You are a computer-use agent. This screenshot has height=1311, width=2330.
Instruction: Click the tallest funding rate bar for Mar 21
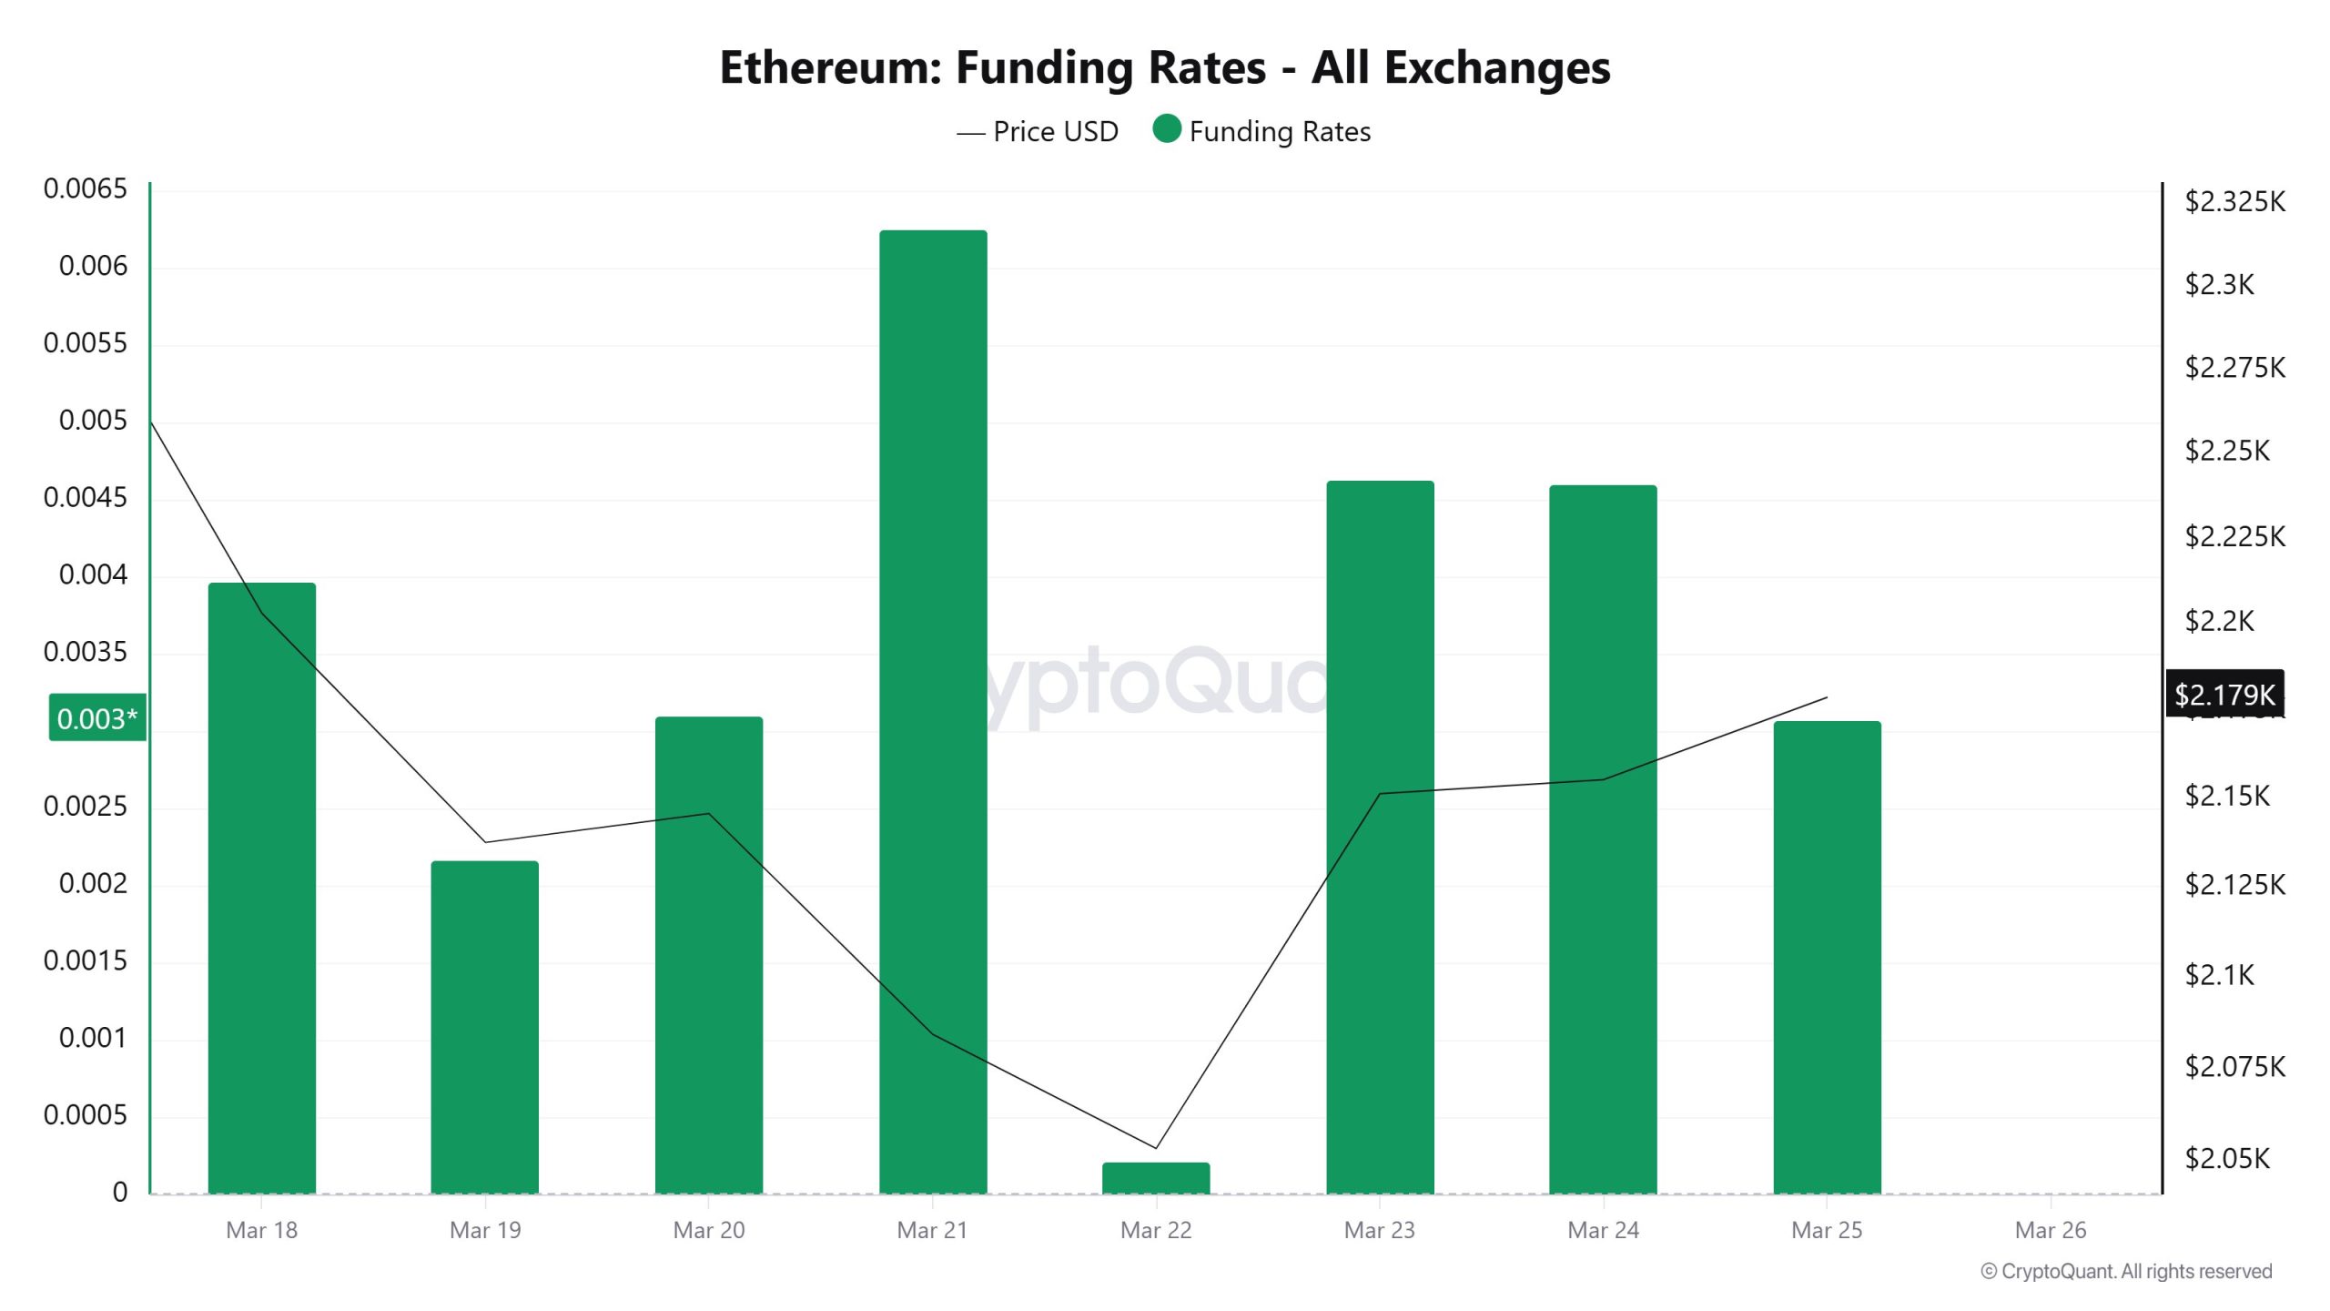[933, 710]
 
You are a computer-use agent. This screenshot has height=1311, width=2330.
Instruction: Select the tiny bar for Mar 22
[1156, 1178]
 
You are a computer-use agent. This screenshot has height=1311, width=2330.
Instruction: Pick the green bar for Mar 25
[1827, 956]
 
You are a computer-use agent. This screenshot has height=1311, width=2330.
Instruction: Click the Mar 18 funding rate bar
[262, 888]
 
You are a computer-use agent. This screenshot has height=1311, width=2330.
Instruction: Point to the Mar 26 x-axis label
[2050, 1230]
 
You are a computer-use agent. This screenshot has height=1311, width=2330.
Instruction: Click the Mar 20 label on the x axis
[709, 1230]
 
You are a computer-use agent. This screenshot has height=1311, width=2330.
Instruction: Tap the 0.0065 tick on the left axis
[86, 189]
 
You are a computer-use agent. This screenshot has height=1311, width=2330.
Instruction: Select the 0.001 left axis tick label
[93, 1038]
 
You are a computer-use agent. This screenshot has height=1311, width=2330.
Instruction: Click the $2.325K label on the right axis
[2234, 201]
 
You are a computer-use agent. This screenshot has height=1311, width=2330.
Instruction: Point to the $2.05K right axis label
[2227, 1158]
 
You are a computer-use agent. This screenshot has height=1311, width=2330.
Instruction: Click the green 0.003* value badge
[97, 718]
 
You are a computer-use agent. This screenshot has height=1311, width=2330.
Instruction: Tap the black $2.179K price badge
[2224, 695]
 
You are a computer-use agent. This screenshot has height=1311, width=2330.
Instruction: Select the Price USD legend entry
[1038, 132]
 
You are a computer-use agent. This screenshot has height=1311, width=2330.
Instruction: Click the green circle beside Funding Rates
[1167, 129]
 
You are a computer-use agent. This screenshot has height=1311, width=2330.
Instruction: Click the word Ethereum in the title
[830, 67]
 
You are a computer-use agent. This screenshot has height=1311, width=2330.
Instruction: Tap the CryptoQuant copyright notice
[2126, 1271]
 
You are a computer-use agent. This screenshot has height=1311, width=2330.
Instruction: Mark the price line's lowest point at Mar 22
[1156, 1147]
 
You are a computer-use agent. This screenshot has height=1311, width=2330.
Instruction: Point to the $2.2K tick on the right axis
[2219, 622]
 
